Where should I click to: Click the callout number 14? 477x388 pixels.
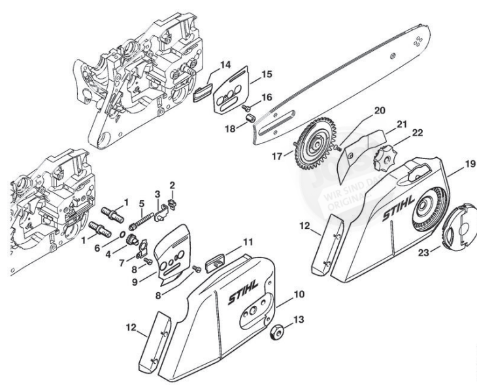[225, 65]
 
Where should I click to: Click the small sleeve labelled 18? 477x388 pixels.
[249, 117]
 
